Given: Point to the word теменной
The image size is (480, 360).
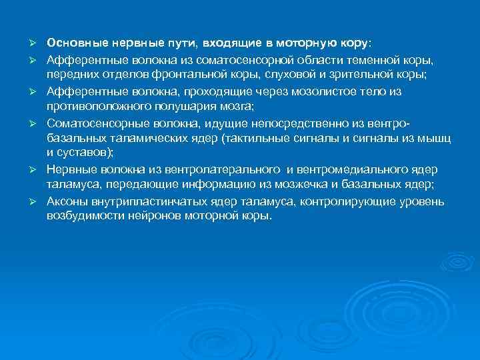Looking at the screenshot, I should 386,60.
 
